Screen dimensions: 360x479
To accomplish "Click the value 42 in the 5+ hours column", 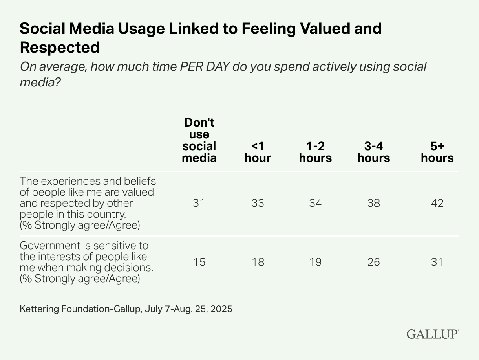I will pyautogui.click(x=437, y=203).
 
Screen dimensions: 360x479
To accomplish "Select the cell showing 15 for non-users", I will pyautogui.click(x=199, y=262).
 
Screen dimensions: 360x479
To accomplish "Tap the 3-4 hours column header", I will pyautogui.click(x=373, y=152).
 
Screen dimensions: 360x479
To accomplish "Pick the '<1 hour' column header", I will pyautogui.click(x=258, y=152).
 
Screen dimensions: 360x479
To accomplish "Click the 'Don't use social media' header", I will pyautogui.click(x=199, y=140).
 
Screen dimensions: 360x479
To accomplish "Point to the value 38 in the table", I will pyautogui.click(x=373, y=203).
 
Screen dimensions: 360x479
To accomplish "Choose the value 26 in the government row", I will pyautogui.click(x=373, y=262).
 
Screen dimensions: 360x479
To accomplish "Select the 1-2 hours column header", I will pyautogui.click(x=315, y=152).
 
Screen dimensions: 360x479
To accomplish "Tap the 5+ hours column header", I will pyautogui.click(x=437, y=152).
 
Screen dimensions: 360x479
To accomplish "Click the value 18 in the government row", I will pyautogui.click(x=258, y=262).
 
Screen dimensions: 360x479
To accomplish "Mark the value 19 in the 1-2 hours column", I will pyautogui.click(x=315, y=262).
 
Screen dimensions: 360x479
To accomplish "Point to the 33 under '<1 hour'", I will pyautogui.click(x=258, y=203).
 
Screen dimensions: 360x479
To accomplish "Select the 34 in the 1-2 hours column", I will pyautogui.click(x=315, y=203).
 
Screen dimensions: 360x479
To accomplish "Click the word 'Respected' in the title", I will pyautogui.click(x=60, y=48).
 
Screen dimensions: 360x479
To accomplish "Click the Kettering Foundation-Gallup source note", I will pyautogui.click(x=126, y=309).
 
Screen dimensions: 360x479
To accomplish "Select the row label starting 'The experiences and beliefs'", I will pyautogui.click(x=88, y=203).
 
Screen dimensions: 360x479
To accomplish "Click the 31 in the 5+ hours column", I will pyautogui.click(x=437, y=262).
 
